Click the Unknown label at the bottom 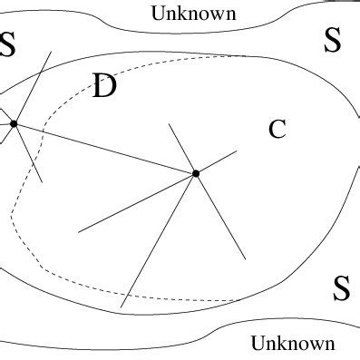[293, 344]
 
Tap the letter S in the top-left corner [8, 44]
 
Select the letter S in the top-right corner [333, 40]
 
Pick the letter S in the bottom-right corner [341, 288]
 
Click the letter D [105, 87]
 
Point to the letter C [277, 130]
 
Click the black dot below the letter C [196, 172]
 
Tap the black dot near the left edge [14, 123]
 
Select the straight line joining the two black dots [104, 148]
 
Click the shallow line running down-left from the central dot [136, 202]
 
